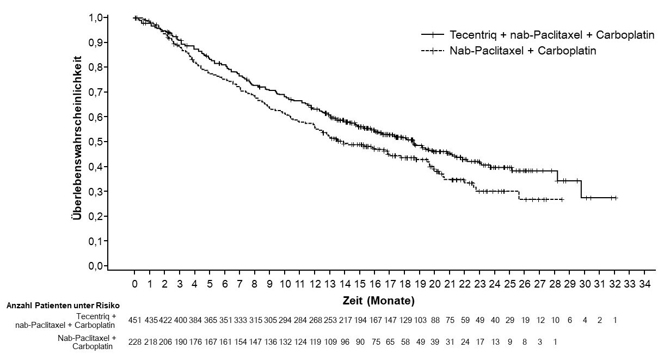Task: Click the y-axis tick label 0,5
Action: [96, 142]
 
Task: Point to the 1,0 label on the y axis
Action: [96, 17]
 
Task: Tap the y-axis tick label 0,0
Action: [96, 266]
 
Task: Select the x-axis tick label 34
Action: [644, 284]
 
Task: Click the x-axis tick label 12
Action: [315, 284]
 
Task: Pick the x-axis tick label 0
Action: [135, 284]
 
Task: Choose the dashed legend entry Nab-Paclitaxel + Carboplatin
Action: [523, 51]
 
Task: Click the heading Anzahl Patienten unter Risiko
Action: [63, 306]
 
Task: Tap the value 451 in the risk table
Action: [135, 320]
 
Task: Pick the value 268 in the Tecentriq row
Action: [315, 320]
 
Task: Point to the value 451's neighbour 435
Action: [150, 320]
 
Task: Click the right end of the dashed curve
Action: [563, 200]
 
